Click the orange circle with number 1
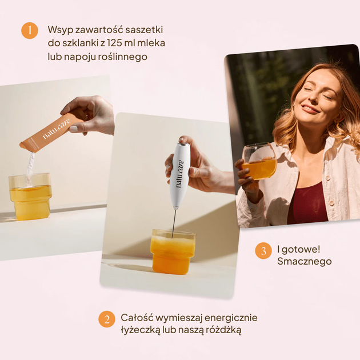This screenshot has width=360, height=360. click(30, 30)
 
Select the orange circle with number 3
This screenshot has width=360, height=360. click(263, 250)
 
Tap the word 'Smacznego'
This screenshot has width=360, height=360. click(304, 262)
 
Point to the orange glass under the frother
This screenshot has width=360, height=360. click(173, 251)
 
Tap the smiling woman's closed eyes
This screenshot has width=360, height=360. click(321, 93)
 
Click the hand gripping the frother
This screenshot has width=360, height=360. click(194, 169)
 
